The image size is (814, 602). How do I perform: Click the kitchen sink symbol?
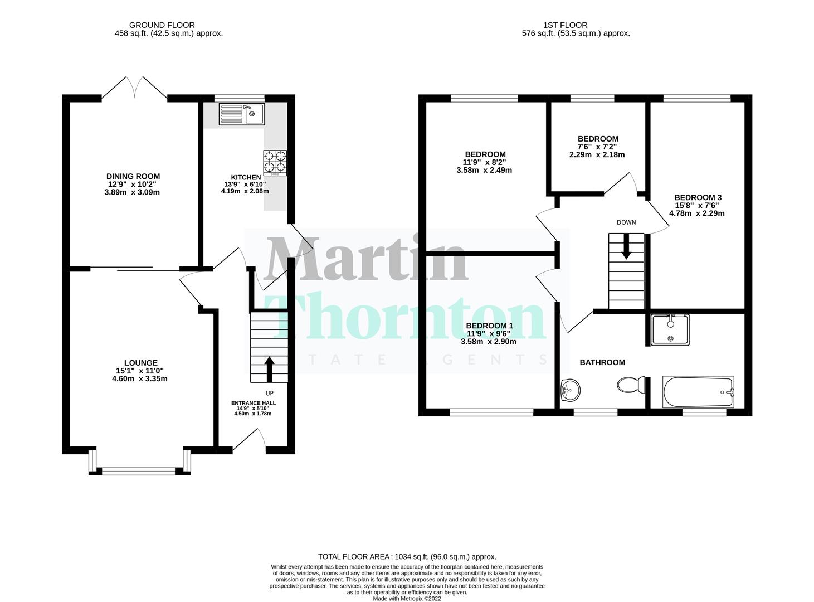(x=242, y=114)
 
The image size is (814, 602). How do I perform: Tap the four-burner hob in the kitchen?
(x=275, y=163)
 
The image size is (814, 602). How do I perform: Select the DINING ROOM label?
(x=133, y=176)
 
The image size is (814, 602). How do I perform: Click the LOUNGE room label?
(x=140, y=363)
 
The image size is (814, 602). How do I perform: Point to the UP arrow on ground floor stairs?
(x=269, y=368)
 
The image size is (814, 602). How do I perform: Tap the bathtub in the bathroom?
(x=698, y=392)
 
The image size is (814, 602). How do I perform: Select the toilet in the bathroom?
(x=632, y=385)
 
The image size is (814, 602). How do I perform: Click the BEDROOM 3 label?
(x=698, y=197)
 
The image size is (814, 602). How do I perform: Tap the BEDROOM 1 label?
(x=489, y=326)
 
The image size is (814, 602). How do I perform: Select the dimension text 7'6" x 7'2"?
(x=597, y=147)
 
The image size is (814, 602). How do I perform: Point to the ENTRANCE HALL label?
(x=254, y=403)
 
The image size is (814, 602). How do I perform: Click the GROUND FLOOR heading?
(x=162, y=25)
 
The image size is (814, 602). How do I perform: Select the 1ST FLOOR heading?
(x=565, y=25)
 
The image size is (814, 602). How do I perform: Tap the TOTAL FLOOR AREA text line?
(x=407, y=556)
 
